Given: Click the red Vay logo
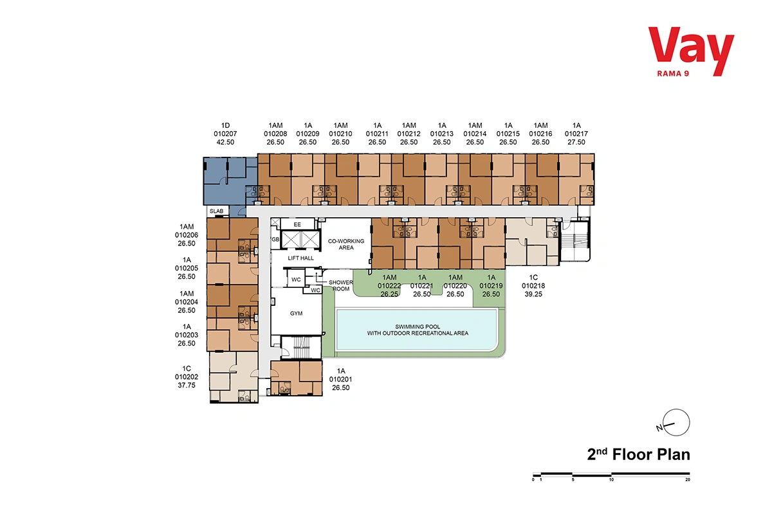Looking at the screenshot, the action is click(x=691, y=51).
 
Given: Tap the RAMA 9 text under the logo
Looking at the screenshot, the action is click(x=673, y=74).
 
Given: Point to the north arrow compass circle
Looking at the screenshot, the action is click(x=676, y=422).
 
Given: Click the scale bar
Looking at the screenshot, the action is click(x=611, y=474).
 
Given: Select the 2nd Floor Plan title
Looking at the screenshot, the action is click(x=638, y=454).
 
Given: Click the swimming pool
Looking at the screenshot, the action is click(x=417, y=330).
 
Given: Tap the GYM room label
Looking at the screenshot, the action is click(x=296, y=314).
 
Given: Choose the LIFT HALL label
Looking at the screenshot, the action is click(x=300, y=258).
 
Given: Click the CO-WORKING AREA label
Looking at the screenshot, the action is click(x=346, y=244).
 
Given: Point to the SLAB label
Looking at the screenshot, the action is click(x=216, y=211).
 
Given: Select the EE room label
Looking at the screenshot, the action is click(x=297, y=224).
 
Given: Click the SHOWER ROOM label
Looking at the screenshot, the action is click(x=341, y=285).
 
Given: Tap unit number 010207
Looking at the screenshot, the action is click(x=225, y=134).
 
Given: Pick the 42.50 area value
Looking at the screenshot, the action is click(x=225, y=142).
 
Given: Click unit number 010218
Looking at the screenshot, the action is click(x=533, y=286).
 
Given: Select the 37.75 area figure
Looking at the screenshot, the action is click(x=187, y=385).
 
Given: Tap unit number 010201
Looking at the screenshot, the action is click(x=340, y=379).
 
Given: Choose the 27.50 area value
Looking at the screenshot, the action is click(x=576, y=142).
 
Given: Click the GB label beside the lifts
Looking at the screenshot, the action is click(x=275, y=239).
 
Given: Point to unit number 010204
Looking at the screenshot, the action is click(x=187, y=302).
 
